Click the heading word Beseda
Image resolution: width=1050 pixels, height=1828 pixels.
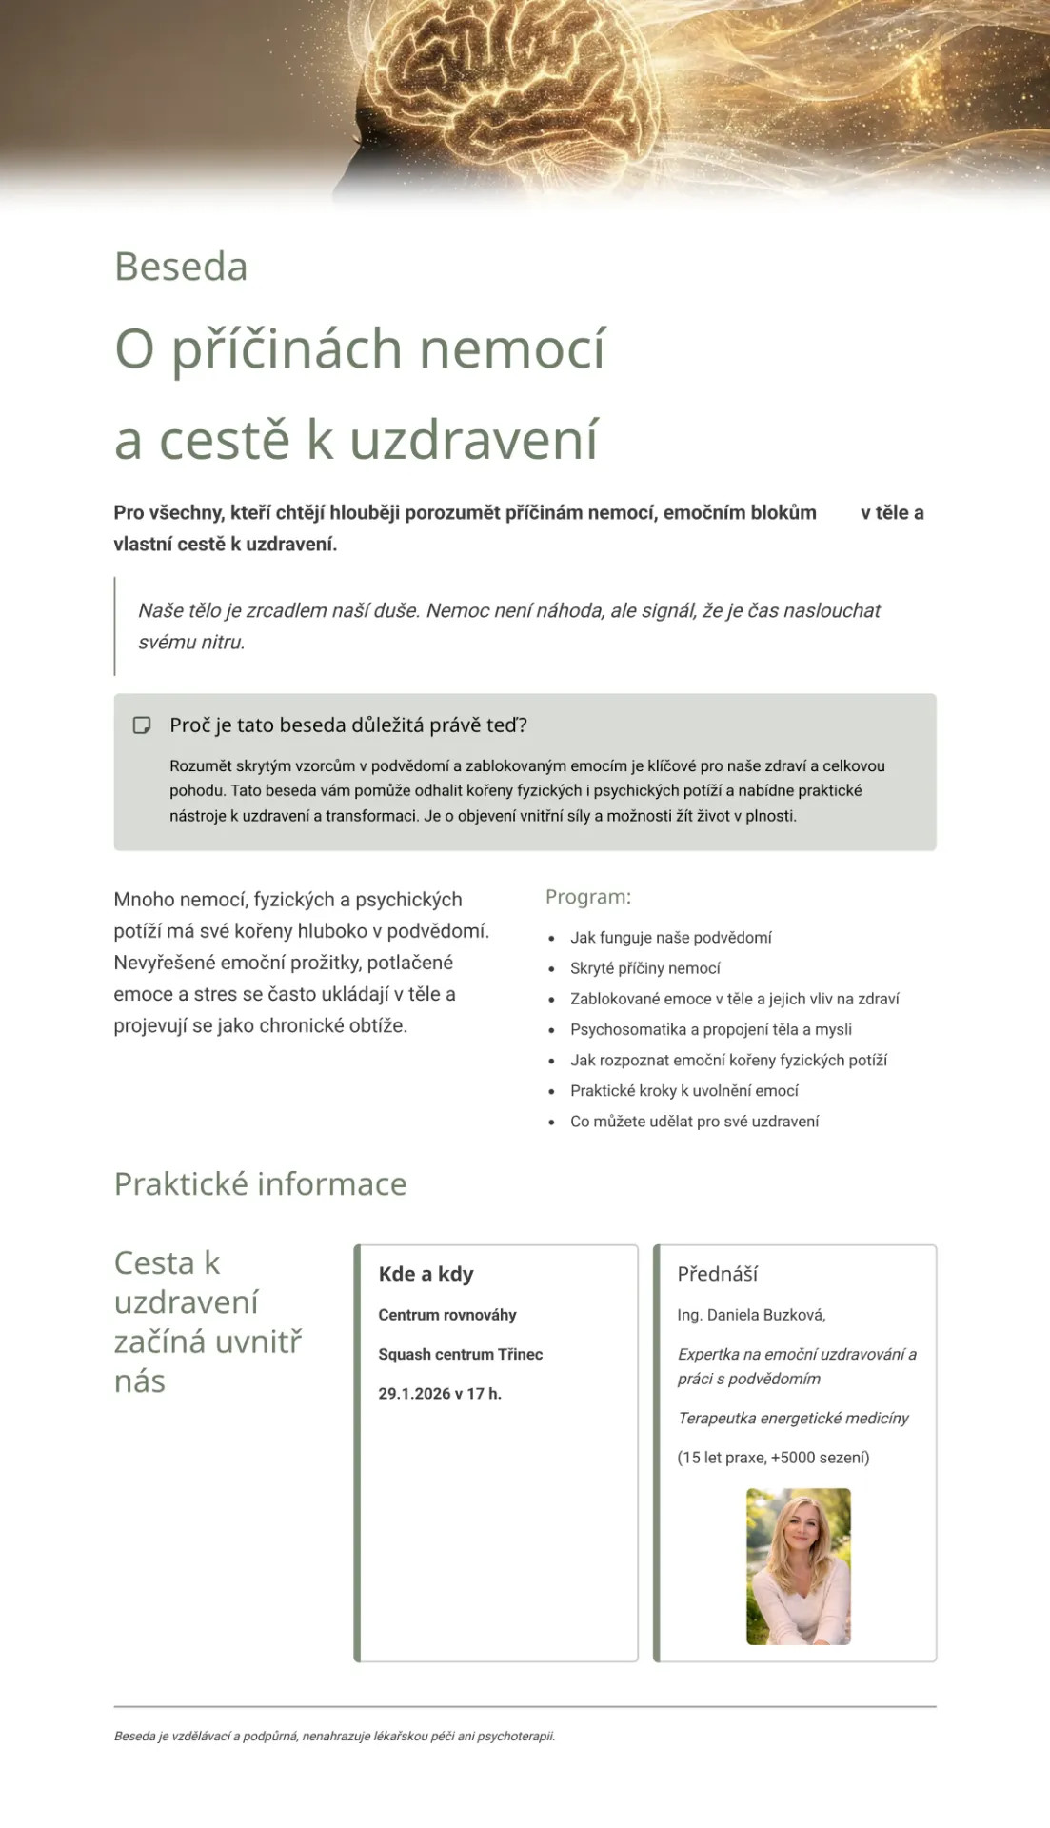(181, 267)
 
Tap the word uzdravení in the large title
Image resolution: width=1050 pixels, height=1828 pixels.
(473, 440)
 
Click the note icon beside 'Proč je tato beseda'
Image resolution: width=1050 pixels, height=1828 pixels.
(142, 725)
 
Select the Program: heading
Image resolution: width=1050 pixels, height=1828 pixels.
(587, 897)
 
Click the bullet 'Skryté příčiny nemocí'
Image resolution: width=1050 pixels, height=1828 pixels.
(644, 968)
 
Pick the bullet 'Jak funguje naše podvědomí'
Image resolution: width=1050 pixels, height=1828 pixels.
(670, 938)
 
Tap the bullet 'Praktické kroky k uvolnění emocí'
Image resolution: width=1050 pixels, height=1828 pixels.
(683, 1091)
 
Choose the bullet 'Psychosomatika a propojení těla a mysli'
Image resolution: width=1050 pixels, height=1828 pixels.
(710, 1029)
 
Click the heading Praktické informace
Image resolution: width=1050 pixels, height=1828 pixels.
(260, 1183)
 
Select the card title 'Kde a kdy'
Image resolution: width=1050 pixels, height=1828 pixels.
(426, 1274)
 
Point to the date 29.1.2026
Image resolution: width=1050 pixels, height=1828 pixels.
(414, 1394)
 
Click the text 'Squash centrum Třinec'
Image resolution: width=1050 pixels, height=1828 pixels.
(460, 1354)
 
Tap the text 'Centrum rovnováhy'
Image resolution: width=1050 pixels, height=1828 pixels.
(446, 1315)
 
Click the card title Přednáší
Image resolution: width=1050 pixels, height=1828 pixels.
(717, 1274)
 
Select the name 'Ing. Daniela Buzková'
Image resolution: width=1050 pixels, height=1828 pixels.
(751, 1315)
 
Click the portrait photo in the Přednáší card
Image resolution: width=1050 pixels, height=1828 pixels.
(798, 1566)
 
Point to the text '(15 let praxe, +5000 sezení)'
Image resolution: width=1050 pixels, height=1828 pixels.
(773, 1458)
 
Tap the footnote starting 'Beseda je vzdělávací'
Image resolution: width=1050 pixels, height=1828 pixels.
(334, 1736)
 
